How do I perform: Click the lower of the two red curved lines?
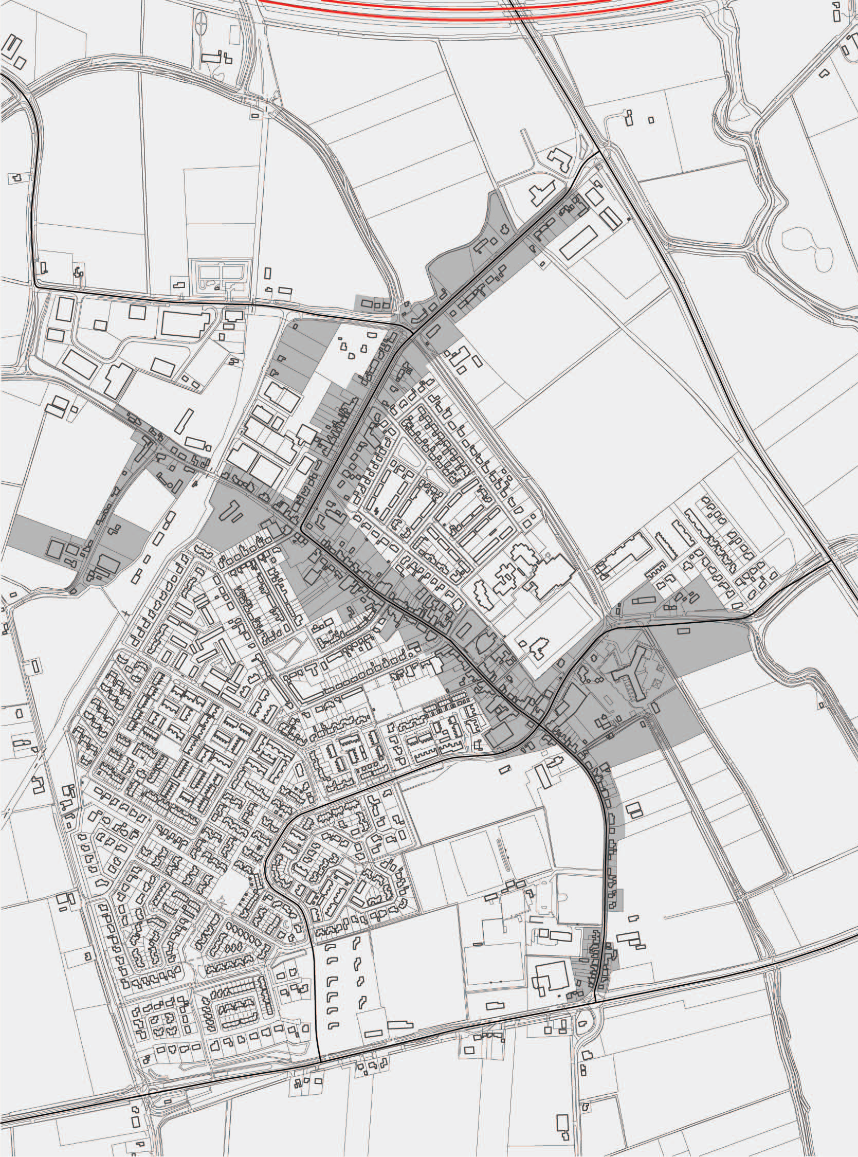tap(467, 16)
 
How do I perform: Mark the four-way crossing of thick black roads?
tap(540, 725)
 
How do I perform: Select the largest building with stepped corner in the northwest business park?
tap(184, 323)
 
